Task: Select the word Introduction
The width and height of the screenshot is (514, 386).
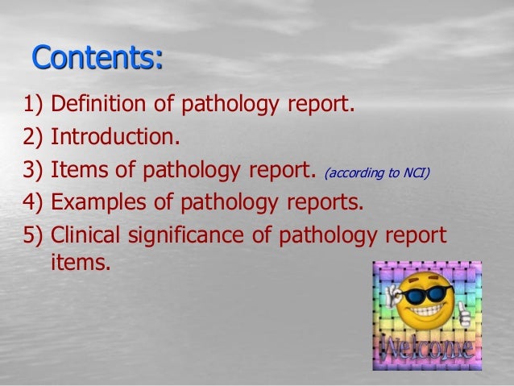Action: coord(114,137)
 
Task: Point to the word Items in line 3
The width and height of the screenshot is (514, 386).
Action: coord(76,169)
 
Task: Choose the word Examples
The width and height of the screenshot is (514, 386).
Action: coord(102,201)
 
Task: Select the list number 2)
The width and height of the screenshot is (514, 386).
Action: coord(35,137)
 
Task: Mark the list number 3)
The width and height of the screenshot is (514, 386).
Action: coord(35,169)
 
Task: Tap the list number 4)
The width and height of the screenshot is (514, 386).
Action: coord(35,201)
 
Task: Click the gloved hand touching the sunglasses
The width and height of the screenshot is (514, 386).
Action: coord(394,293)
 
